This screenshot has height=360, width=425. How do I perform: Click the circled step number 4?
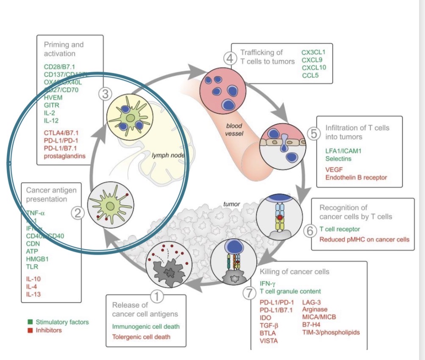click(x=231, y=58)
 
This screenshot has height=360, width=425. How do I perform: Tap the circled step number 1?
click(x=158, y=297)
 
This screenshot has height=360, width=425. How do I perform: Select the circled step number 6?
click(x=311, y=231)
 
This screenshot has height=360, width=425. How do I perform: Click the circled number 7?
click(x=249, y=293)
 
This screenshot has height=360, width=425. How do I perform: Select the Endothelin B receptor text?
click(x=356, y=177)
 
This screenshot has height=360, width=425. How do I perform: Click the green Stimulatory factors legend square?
click(x=30, y=322)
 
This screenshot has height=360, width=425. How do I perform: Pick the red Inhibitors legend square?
click(x=30, y=330)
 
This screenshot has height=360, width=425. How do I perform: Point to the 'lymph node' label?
click(x=168, y=156)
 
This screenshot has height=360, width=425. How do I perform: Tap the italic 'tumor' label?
click(x=232, y=204)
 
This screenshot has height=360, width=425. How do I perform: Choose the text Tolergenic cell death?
click(x=141, y=337)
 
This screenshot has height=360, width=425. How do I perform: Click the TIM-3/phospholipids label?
click(x=331, y=332)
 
